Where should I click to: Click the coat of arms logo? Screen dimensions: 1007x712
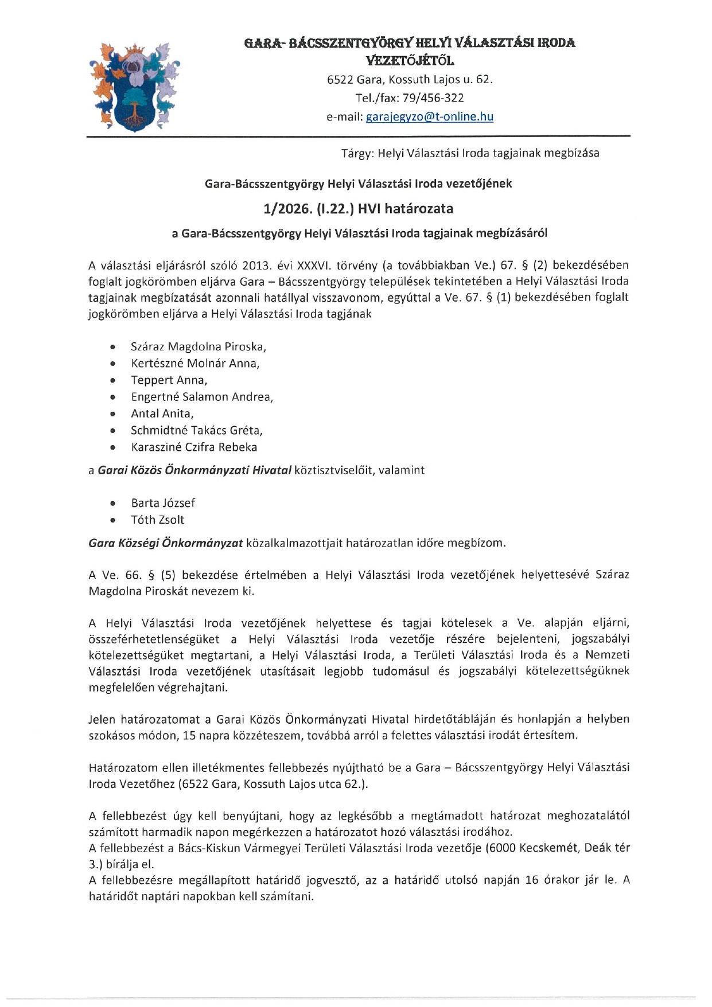[134, 87]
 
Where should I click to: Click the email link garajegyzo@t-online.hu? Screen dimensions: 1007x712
[429, 117]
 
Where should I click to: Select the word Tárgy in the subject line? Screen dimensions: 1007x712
[357, 153]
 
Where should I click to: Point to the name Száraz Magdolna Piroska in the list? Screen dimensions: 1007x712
[198, 347]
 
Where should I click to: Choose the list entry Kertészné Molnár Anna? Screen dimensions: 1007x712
[195, 364]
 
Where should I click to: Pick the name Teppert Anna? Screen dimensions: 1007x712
[169, 380]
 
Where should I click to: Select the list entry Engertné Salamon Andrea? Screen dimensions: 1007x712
[201, 397]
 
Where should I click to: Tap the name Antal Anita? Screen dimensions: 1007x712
[162, 413]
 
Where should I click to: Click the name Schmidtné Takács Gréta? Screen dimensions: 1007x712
[196, 431]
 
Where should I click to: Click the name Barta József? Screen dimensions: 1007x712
[163, 503]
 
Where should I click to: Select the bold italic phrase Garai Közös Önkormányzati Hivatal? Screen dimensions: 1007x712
[194, 470]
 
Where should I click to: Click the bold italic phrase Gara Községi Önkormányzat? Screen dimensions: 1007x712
[166, 543]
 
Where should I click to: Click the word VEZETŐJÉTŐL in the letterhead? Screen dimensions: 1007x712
[410, 61]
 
